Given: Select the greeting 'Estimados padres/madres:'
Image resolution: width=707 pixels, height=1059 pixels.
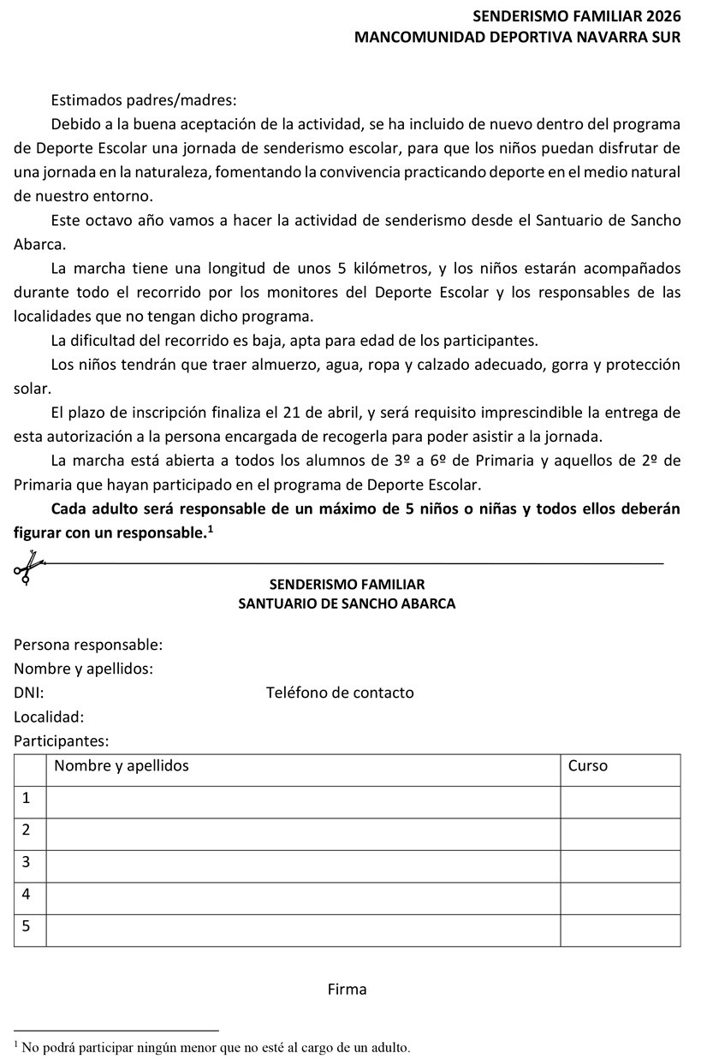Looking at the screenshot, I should point(144,100).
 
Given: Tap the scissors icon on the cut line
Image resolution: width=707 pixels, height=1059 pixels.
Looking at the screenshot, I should point(27,567).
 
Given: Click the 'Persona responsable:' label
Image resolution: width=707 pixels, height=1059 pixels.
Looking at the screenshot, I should point(88,645).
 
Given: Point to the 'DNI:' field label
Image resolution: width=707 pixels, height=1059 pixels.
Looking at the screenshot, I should point(29,693).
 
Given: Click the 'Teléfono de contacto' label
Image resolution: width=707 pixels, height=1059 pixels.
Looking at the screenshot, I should point(340,693).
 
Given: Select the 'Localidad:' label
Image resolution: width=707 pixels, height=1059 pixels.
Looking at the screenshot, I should point(49,717).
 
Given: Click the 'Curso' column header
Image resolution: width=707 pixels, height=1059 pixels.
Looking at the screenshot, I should point(587,765).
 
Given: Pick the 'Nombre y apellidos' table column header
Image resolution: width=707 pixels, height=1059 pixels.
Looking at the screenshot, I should point(122,765).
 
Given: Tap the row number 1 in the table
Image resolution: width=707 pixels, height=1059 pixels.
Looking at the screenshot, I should point(27,798).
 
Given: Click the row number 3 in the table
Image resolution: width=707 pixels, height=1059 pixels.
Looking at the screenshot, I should point(27,861).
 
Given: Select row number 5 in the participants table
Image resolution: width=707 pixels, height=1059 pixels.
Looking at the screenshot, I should point(27,926).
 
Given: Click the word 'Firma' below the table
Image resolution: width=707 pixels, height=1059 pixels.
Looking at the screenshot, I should point(347,990).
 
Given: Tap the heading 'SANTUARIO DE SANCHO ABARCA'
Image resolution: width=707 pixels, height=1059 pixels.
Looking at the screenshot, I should point(347,604).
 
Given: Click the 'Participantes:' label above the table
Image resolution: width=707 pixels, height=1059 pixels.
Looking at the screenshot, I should point(62,741).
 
